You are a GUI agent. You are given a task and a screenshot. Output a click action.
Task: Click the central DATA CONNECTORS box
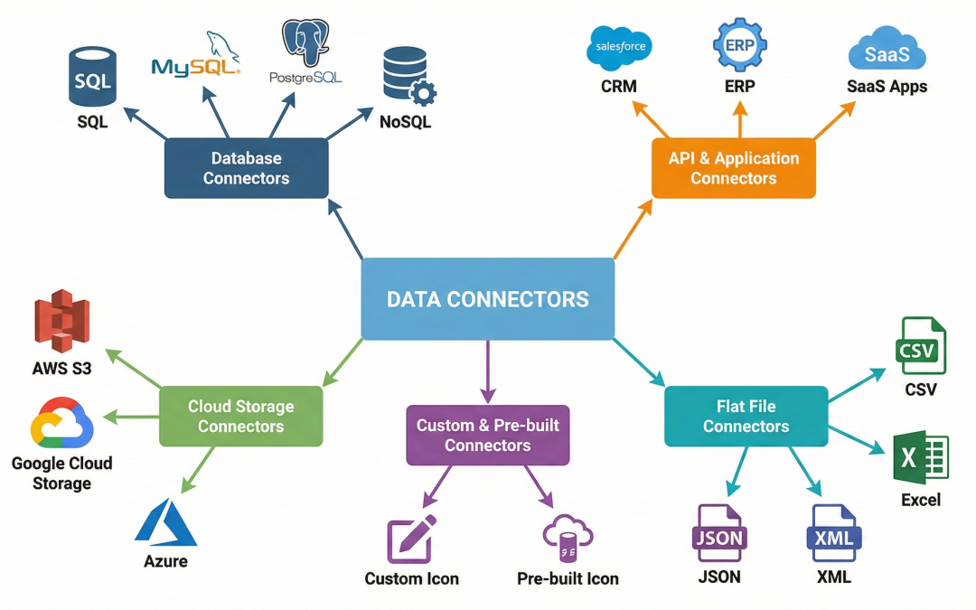[487, 298]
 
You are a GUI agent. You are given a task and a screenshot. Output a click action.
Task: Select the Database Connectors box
[246, 168]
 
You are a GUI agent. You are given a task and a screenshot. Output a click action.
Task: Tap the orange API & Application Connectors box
[733, 168]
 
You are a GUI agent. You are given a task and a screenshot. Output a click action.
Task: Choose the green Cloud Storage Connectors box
[240, 416]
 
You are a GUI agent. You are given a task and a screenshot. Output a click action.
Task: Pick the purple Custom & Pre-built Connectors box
[487, 435]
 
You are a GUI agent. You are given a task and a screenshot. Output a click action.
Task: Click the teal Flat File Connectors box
[746, 416]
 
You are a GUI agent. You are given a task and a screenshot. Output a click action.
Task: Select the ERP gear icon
[738, 45]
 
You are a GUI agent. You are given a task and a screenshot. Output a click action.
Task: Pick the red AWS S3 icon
[62, 318]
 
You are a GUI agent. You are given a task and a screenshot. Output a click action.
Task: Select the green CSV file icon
[920, 347]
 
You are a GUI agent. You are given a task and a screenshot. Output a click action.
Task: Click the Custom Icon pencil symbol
[411, 540]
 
